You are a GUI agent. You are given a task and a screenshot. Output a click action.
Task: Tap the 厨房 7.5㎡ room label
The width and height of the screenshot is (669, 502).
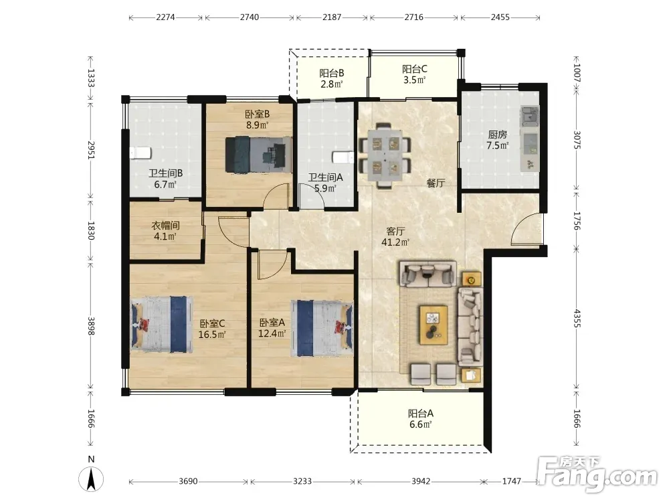[x=498, y=140]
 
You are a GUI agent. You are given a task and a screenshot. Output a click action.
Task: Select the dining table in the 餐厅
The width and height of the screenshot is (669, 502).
[x=385, y=155]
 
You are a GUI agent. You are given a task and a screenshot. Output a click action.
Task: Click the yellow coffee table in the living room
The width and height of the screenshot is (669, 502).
[x=434, y=325]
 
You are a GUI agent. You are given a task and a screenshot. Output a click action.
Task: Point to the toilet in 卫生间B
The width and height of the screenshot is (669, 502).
[x=140, y=153]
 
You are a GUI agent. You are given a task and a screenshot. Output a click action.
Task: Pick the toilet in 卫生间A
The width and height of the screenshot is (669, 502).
[x=344, y=157]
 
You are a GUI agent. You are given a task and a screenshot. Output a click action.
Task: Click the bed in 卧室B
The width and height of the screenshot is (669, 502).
[x=258, y=155]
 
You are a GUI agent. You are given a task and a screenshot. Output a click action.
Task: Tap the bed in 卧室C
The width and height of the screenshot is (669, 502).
[x=161, y=325]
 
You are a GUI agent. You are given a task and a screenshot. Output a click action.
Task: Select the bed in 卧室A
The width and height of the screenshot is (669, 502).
[x=322, y=328]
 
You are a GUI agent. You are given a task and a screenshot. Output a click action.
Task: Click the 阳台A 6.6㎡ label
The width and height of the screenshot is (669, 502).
[x=421, y=419]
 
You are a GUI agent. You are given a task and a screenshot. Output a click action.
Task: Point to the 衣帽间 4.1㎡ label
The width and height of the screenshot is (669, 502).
[x=165, y=230]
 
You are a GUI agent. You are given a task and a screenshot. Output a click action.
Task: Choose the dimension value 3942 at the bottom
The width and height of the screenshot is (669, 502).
[x=421, y=481]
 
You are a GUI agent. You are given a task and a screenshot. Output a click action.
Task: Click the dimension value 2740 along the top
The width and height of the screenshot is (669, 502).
[x=249, y=17]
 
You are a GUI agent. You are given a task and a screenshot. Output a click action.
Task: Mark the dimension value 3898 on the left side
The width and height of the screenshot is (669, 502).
[x=91, y=326]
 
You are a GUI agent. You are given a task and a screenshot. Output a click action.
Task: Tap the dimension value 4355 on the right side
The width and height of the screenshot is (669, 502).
[x=577, y=319]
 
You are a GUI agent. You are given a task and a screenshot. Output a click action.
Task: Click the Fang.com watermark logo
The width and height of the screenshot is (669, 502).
[x=597, y=474]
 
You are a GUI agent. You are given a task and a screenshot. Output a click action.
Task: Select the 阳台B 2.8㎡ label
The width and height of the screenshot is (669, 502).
[x=332, y=78]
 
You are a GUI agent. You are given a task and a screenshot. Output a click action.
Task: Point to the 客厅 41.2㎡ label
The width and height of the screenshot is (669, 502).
[x=395, y=237]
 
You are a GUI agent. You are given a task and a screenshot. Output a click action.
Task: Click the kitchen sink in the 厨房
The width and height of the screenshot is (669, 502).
[x=529, y=115]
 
